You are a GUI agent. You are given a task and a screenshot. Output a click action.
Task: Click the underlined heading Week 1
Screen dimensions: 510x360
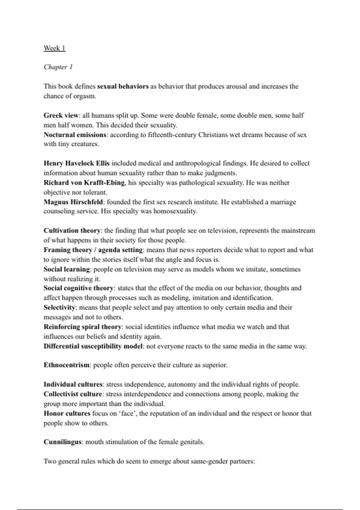coord(54,48)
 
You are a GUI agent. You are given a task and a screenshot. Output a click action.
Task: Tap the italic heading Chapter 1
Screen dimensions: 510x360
coord(58,67)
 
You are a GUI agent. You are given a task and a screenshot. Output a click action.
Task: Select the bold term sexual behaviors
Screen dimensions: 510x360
coord(123,86)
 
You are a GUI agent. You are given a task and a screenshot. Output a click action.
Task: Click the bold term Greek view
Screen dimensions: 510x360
coord(61,115)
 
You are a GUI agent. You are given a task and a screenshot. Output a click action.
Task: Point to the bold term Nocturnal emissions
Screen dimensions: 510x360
coord(75,135)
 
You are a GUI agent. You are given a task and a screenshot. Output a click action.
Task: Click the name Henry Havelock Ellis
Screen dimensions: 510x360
coord(76,163)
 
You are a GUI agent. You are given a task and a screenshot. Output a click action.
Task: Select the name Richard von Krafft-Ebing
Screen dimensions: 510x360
coord(84,183)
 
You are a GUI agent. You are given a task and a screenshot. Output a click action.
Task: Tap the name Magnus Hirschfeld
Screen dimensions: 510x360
coord(73,202)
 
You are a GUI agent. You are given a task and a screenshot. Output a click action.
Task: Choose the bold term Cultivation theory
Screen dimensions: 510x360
coord(72,231)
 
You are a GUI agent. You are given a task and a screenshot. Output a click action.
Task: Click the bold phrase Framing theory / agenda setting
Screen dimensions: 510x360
coord(93,250)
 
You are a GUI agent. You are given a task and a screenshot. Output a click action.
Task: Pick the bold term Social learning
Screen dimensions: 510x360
coord(67,269)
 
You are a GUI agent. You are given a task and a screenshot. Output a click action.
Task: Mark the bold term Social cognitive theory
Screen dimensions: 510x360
coord(79,288)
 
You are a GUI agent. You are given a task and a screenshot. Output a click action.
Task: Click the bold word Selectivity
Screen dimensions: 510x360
coord(59,307)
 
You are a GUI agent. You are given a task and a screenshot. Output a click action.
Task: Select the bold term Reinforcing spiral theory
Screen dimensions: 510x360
coord(82,327)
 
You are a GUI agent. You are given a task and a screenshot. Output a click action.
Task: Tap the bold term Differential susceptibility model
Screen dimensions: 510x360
coord(93,346)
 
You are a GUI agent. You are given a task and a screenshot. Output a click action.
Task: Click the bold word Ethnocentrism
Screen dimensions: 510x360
coord(67,365)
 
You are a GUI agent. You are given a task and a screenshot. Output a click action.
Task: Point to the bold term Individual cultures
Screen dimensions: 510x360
coord(73,385)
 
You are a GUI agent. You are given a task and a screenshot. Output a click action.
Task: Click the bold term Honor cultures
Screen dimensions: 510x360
coord(67,413)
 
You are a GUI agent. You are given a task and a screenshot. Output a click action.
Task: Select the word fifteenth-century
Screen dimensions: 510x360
coord(172,135)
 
